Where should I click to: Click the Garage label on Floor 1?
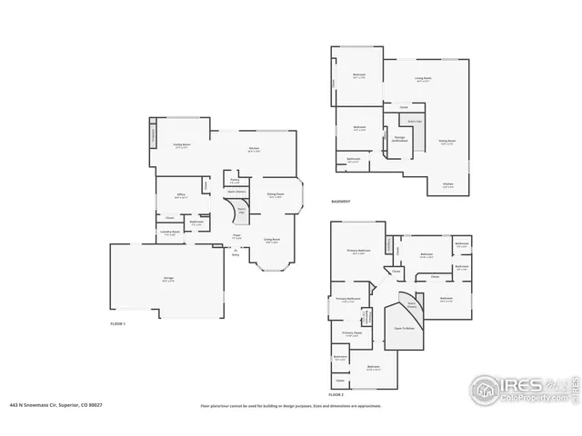tap(167, 279)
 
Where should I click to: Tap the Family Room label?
tap(181, 145)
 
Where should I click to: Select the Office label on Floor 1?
tap(182, 196)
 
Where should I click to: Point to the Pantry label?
tap(235, 180)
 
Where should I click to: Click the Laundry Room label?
tap(170, 233)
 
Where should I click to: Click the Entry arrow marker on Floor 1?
tap(236, 253)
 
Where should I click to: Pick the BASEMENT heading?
tap(341, 201)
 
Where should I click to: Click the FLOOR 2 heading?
tap(336, 395)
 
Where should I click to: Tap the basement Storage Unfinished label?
tap(400, 140)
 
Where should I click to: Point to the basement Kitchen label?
tap(447, 186)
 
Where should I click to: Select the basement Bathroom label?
tap(354, 161)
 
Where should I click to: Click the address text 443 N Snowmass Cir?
tap(55, 406)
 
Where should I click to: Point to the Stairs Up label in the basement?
tap(415, 120)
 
